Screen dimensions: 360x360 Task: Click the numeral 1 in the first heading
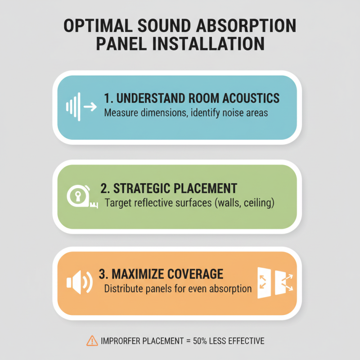pyautogui.click(x=107, y=98)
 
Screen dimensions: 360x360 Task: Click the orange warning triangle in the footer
pyautogui.click(x=92, y=341)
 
